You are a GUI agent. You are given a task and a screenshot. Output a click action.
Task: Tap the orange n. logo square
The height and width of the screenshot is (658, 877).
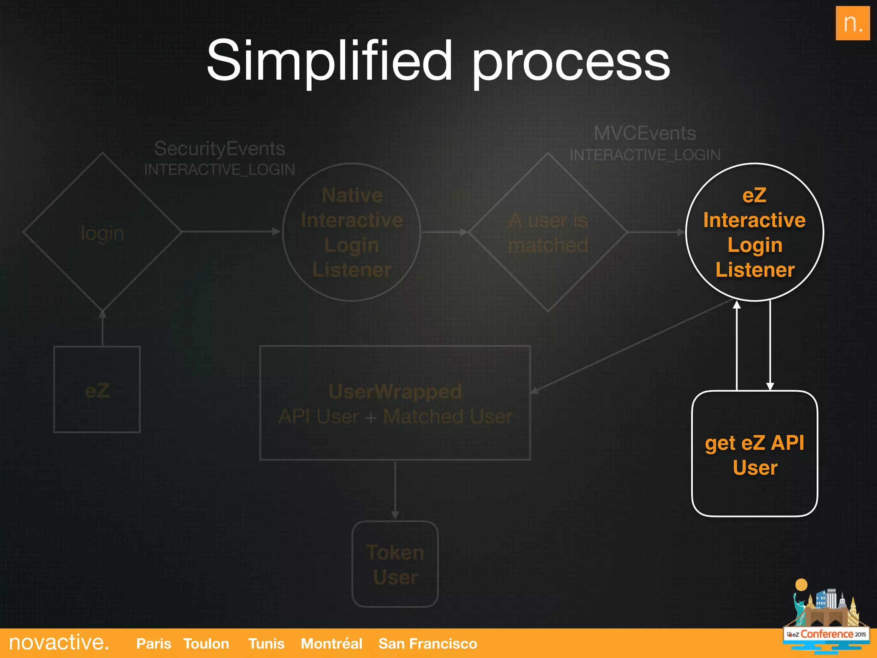pos(852,23)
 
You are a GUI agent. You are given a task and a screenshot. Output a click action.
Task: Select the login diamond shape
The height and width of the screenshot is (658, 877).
pos(102,232)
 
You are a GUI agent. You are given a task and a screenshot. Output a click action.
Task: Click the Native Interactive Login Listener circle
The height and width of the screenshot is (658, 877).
pos(352,232)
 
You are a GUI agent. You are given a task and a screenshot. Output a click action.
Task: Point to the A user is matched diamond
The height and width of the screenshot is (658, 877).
pos(548,232)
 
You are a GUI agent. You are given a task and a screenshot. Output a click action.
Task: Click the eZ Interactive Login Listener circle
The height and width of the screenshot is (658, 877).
pos(755,232)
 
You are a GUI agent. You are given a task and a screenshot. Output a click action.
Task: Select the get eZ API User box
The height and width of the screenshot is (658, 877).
pos(755,454)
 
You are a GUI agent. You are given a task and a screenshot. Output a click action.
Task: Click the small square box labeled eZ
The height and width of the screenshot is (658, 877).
pos(97,390)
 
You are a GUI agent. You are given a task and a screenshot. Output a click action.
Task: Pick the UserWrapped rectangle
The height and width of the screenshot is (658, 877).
pos(395,403)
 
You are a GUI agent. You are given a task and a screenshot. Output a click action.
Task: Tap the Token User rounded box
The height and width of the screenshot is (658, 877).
pos(395,564)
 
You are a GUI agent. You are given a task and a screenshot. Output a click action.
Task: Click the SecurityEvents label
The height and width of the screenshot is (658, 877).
pos(219,149)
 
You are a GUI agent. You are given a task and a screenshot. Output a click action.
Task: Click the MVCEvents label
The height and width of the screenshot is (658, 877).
pos(644,133)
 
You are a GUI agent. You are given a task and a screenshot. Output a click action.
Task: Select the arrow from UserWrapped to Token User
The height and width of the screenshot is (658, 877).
pos(395,488)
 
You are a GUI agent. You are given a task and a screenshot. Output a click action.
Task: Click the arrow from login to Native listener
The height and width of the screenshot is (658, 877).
pos(231,232)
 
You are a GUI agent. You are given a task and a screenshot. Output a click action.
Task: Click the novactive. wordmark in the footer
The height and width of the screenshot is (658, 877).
pos(59,643)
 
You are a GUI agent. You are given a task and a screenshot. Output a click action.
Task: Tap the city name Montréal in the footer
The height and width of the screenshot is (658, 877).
pos(331,643)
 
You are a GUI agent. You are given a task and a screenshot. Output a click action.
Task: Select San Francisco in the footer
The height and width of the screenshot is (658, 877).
pos(427,643)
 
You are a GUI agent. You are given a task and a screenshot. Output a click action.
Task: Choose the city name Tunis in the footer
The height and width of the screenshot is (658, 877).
pos(266,643)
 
